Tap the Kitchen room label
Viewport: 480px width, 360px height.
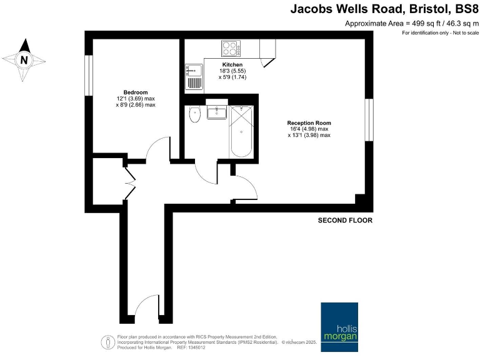[232, 65]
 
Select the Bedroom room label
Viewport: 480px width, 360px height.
[135, 92]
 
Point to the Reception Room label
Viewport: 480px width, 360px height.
[309, 122]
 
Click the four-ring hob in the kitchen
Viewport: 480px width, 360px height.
[231, 47]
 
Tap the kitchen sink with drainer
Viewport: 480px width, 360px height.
[194, 77]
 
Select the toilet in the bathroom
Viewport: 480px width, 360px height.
[194, 116]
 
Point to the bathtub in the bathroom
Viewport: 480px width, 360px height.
[241, 133]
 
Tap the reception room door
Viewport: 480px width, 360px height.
[244, 187]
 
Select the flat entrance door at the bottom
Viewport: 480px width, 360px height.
[146, 306]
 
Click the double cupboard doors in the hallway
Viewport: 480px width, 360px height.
[129, 181]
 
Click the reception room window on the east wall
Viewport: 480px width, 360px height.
[369, 119]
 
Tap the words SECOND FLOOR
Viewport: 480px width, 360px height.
[345, 221]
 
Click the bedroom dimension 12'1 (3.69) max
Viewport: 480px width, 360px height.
[135, 99]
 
